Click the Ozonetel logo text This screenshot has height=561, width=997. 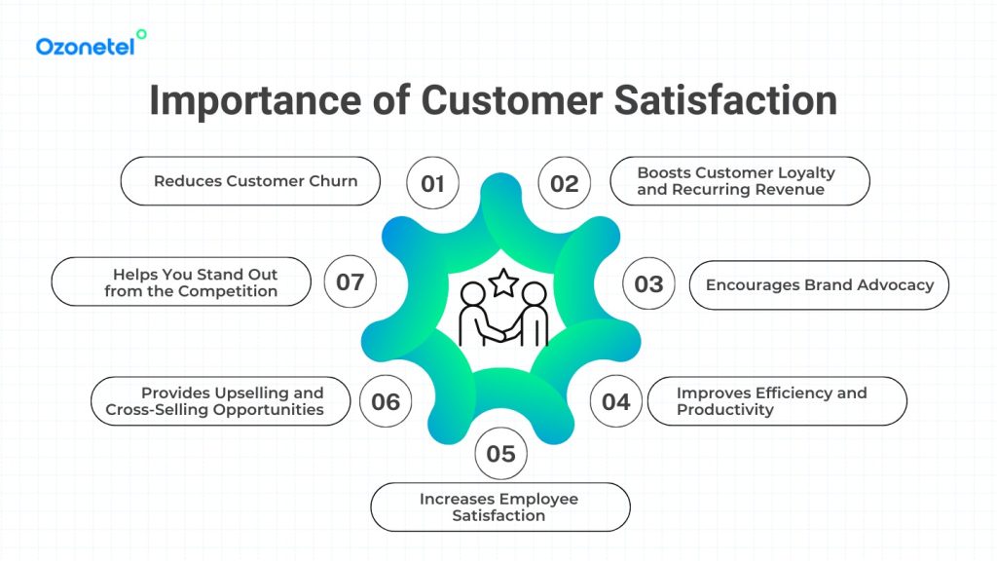85,46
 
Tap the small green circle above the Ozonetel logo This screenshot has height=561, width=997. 142,34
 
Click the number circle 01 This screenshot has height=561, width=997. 433,183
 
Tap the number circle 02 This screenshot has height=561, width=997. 565,183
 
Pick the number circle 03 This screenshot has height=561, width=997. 648,284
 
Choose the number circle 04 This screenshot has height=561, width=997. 616,401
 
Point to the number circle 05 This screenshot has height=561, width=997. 500,454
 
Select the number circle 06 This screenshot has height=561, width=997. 386,401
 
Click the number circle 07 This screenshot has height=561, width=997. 351,282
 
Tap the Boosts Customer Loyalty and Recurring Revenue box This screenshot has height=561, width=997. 739,181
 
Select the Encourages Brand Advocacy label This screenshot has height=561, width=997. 819,284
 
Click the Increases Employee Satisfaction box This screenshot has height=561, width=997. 499,506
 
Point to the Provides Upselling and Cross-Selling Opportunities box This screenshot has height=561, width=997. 220,401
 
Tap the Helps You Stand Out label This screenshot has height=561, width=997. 182,282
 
